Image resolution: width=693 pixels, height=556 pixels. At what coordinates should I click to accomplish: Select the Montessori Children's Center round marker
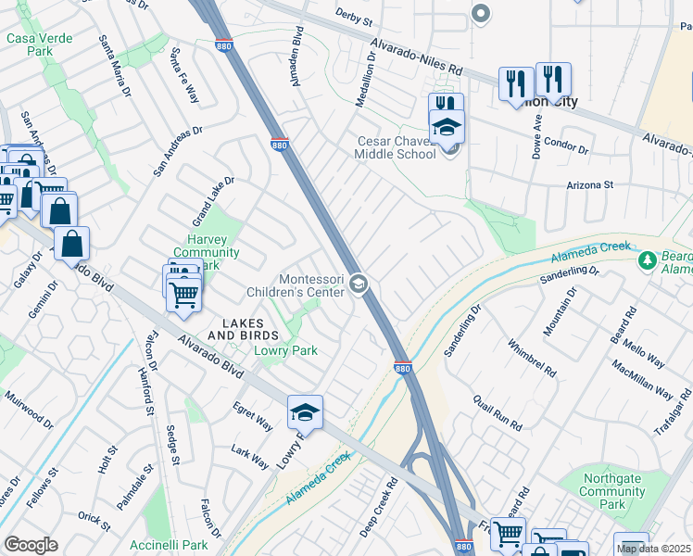pos(359,286)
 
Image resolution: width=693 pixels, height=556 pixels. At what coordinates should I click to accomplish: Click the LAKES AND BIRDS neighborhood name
pos(243,328)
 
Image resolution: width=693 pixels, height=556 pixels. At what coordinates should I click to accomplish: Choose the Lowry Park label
pos(286,350)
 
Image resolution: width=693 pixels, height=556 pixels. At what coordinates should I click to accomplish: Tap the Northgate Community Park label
pos(612,491)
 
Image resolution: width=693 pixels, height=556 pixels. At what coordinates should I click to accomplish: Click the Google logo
pos(31,545)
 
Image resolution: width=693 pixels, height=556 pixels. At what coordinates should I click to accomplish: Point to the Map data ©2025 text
pos(653,549)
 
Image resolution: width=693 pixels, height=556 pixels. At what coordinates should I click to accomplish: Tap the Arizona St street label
pos(590,185)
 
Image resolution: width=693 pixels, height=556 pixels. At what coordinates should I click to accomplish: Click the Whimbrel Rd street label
pos(532,359)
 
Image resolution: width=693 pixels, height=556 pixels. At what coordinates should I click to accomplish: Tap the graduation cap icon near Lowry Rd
pos(305,411)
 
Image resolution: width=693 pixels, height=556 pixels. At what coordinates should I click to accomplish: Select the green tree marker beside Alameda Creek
pos(647,262)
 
